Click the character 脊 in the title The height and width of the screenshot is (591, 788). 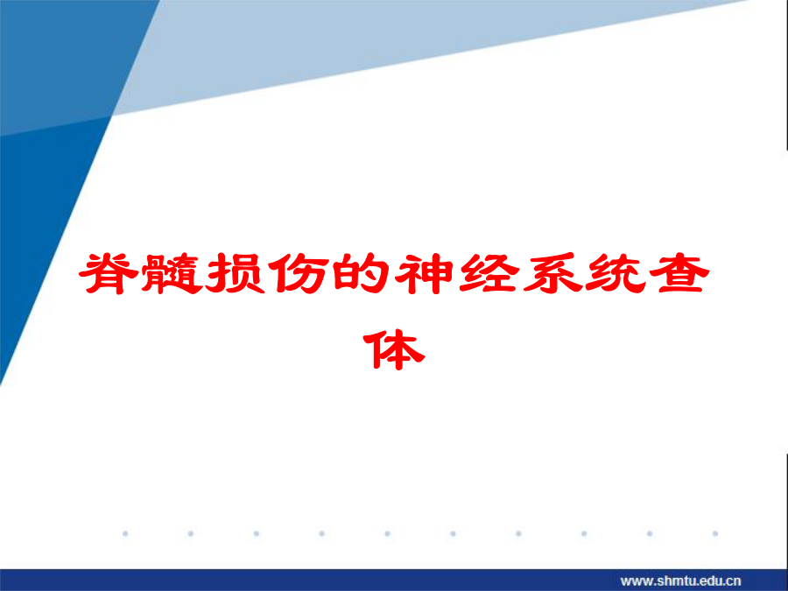(x=109, y=273)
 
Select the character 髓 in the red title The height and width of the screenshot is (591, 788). (x=172, y=273)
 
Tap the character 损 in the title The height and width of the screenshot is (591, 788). (x=236, y=273)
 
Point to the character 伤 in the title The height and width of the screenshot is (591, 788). (x=299, y=273)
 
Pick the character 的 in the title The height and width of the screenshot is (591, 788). (x=362, y=273)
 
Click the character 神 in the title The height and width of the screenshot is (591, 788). (x=426, y=273)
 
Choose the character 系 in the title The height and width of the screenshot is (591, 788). (x=552, y=273)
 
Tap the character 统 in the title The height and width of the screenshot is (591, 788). (x=616, y=273)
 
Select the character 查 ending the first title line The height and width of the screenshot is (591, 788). (x=679, y=273)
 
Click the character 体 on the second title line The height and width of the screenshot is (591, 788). (x=394, y=349)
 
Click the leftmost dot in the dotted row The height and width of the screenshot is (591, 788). (x=125, y=534)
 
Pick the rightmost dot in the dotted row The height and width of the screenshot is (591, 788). (x=715, y=534)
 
